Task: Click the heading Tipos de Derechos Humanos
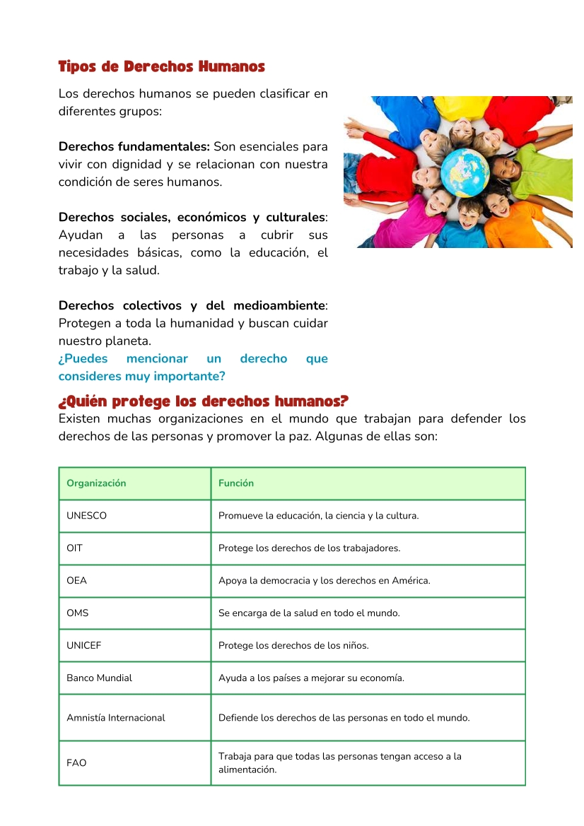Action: tap(161, 67)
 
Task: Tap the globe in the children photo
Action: tap(465, 170)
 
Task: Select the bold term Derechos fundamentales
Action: tap(134, 147)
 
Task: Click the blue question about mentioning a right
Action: tap(192, 367)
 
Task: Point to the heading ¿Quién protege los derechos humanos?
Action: tap(204, 402)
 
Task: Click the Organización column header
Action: tap(96, 483)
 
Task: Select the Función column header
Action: tap(236, 483)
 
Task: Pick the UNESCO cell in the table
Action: tap(86, 516)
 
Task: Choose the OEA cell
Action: tap(76, 581)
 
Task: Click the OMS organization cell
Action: tap(78, 613)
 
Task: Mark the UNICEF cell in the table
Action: tap(84, 646)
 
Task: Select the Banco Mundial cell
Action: tap(99, 678)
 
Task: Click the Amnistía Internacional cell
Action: tap(115, 718)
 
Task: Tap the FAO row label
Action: tap(76, 763)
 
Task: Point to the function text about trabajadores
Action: tap(309, 548)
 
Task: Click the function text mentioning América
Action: tap(324, 581)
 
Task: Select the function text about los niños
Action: tap(293, 646)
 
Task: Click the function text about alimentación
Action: tap(339, 763)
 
